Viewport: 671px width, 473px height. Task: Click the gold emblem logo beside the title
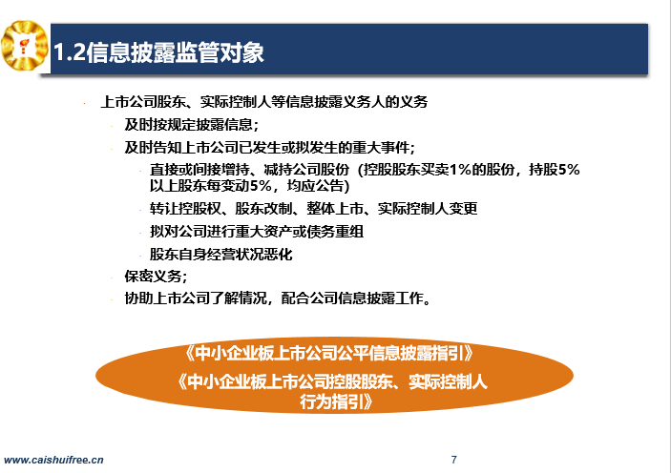25,46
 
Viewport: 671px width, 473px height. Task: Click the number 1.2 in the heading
70,52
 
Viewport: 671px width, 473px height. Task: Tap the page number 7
454,460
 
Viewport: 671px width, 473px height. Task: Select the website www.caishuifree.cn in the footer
53,461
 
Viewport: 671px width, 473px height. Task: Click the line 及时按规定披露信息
191,125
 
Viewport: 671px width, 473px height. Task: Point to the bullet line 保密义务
156,277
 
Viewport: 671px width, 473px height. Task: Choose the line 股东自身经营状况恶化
220,255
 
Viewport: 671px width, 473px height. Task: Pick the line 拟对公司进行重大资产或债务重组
257,232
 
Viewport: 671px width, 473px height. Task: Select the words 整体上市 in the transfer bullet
335,209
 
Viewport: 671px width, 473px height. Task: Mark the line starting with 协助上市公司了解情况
278,298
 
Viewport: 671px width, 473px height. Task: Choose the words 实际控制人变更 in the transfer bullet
428,209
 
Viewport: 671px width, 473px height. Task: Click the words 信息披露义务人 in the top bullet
321,102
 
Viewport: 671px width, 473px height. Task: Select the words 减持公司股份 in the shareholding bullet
306,170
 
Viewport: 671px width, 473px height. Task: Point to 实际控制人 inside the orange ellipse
448,381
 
